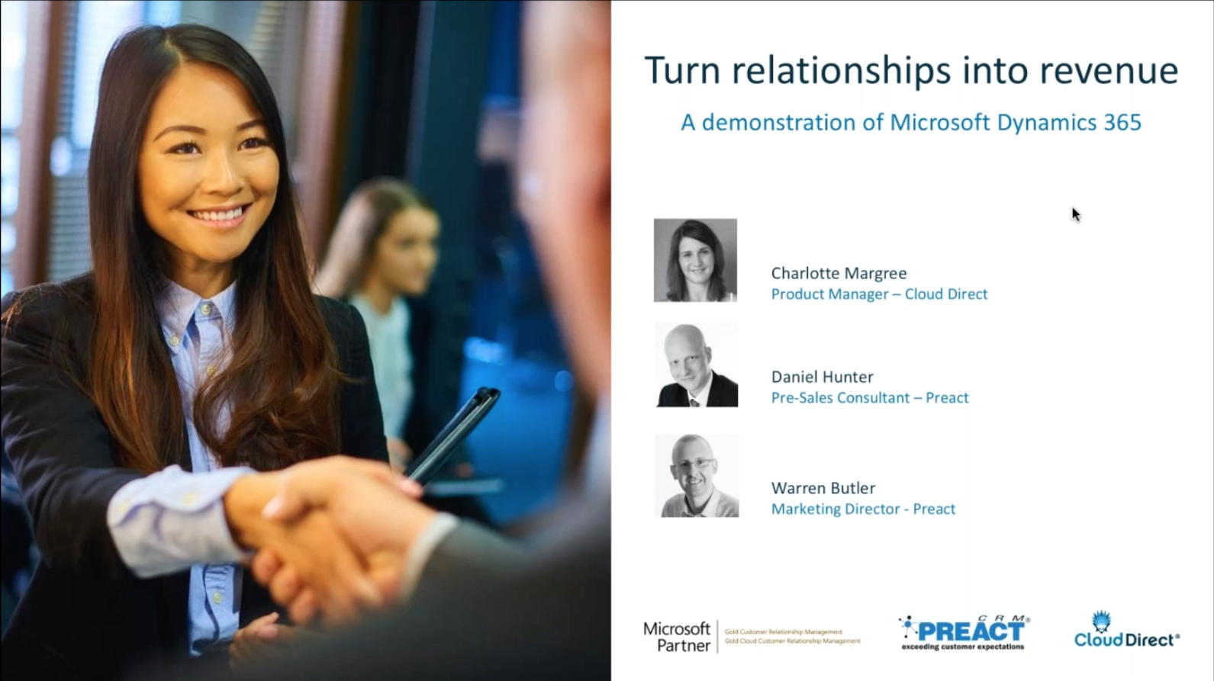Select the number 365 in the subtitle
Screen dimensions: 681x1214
(x=1122, y=123)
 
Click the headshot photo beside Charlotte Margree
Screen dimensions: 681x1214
(x=695, y=260)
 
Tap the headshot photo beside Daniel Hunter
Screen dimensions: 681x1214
(x=697, y=365)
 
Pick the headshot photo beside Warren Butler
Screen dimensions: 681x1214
(x=697, y=476)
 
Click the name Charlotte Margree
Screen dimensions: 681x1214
(x=839, y=273)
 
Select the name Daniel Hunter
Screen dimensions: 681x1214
(x=822, y=377)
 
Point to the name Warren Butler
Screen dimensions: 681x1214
(x=823, y=488)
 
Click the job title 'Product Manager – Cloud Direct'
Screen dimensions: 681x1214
(x=879, y=294)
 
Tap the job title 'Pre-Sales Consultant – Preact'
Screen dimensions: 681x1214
(x=870, y=398)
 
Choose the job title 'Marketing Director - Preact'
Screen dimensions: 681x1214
(x=863, y=509)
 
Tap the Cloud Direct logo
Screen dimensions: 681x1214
(x=1126, y=631)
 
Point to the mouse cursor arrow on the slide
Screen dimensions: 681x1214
(x=1075, y=214)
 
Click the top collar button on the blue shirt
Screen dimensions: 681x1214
(x=205, y=310)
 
